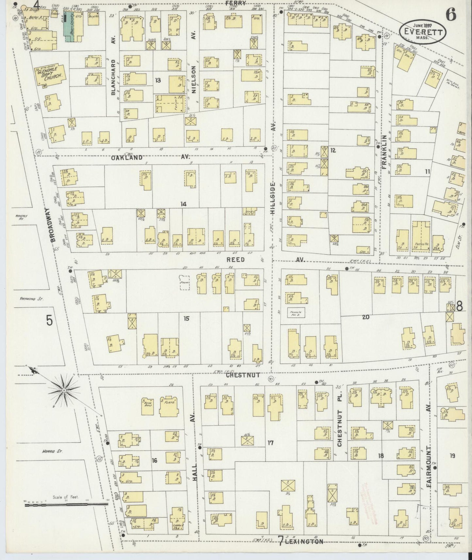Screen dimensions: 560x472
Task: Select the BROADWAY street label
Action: point(54,225)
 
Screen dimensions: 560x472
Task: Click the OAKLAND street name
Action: point(127,157)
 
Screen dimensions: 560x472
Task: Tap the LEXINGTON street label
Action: point(306,541)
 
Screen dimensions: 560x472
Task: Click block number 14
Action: point(184,204)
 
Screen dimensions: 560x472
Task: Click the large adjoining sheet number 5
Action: point(49,321)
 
